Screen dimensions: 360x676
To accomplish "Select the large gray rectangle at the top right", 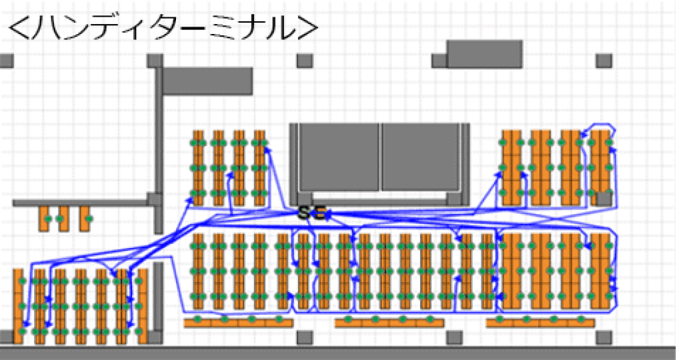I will coord(484,54).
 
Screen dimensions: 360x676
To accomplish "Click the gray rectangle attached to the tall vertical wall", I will coord(207,81).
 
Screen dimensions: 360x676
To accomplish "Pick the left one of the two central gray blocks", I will coord(339,157).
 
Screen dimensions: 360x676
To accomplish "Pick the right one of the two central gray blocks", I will coord(422,157).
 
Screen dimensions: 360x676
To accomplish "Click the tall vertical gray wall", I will coord(159,133).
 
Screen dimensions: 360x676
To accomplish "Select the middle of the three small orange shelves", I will coord(64,219).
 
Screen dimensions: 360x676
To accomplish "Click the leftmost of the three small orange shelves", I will coord(44,219).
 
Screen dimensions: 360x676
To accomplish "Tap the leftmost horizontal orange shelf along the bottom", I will coord(238,323).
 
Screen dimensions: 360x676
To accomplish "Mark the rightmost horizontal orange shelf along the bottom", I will coord(540,323).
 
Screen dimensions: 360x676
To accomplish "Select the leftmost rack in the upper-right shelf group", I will coord(511,167).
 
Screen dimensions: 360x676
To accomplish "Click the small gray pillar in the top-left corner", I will coord(6,61).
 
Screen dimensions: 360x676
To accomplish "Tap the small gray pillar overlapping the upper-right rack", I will coord(604,198).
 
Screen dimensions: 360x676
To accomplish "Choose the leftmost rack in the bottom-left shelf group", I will coord(18,306).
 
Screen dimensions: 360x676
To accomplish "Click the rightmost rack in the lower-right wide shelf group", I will coord(602,271).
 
